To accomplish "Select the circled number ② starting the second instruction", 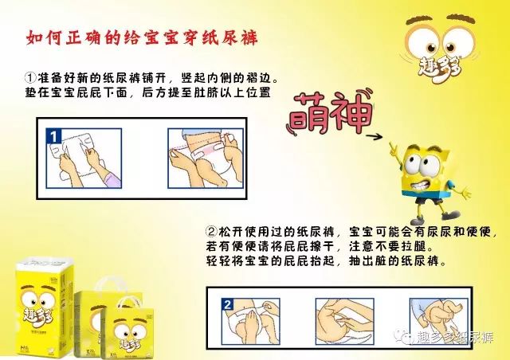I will (210, 233).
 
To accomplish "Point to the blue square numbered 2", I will (227, 306).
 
